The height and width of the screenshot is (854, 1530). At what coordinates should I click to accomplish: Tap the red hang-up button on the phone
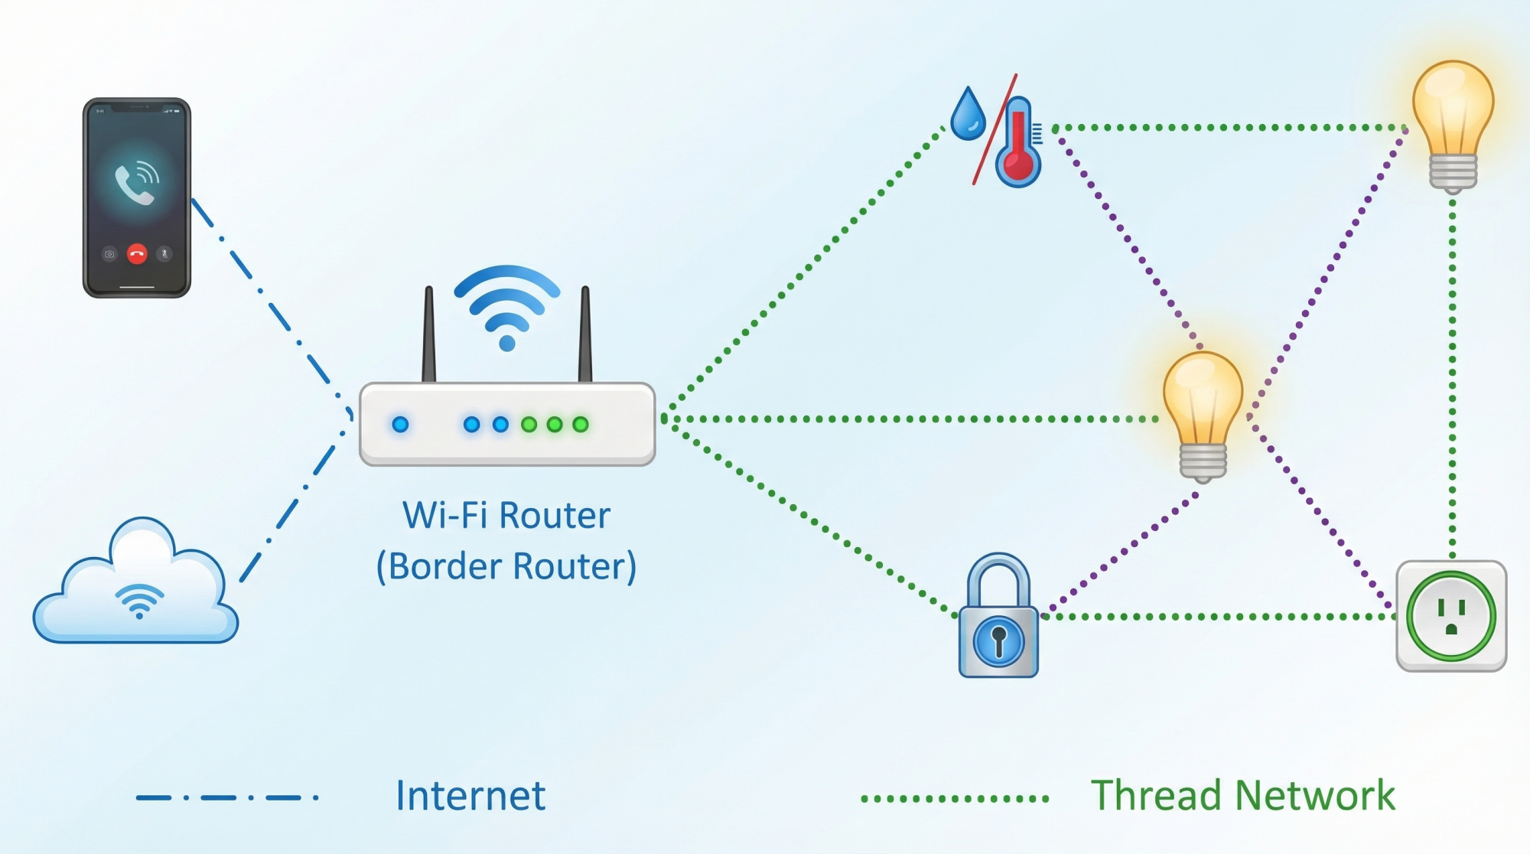[x=137, y=254]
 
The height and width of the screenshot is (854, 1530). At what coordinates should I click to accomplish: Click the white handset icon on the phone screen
[x=135, y=184]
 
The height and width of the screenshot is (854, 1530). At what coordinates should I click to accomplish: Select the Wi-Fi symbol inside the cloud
[x=139, y=601]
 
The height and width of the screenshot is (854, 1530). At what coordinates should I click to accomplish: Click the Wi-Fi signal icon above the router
[x=506, y=306]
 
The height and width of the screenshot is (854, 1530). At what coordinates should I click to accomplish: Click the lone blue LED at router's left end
[x=400, y=424]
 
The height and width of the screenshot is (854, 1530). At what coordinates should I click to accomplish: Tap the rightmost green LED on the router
[x=581, y=424]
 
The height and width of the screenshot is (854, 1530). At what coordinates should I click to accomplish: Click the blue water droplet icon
[x=968, y=115]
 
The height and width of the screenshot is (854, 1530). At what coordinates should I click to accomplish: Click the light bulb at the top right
[x=1452, y=122]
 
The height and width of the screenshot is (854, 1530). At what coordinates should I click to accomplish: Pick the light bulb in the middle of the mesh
[x=1203, y=413]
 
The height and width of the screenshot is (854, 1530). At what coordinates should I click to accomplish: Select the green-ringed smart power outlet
[x=1451, y=616]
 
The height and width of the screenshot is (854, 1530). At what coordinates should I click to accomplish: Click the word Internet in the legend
[x=470, y=796]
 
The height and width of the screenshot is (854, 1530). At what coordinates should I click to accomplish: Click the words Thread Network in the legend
[x=1242, y=796]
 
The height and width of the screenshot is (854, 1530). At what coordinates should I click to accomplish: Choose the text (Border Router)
[x=506, y=567]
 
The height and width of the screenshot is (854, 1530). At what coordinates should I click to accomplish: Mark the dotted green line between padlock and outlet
[x=1216, y=616]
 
